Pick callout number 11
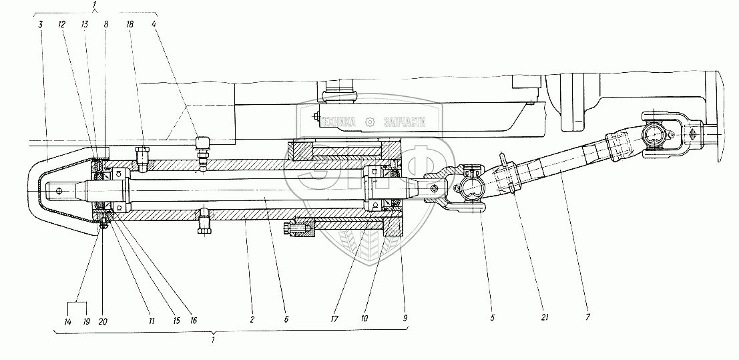point(152,321)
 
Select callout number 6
point(286,321)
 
